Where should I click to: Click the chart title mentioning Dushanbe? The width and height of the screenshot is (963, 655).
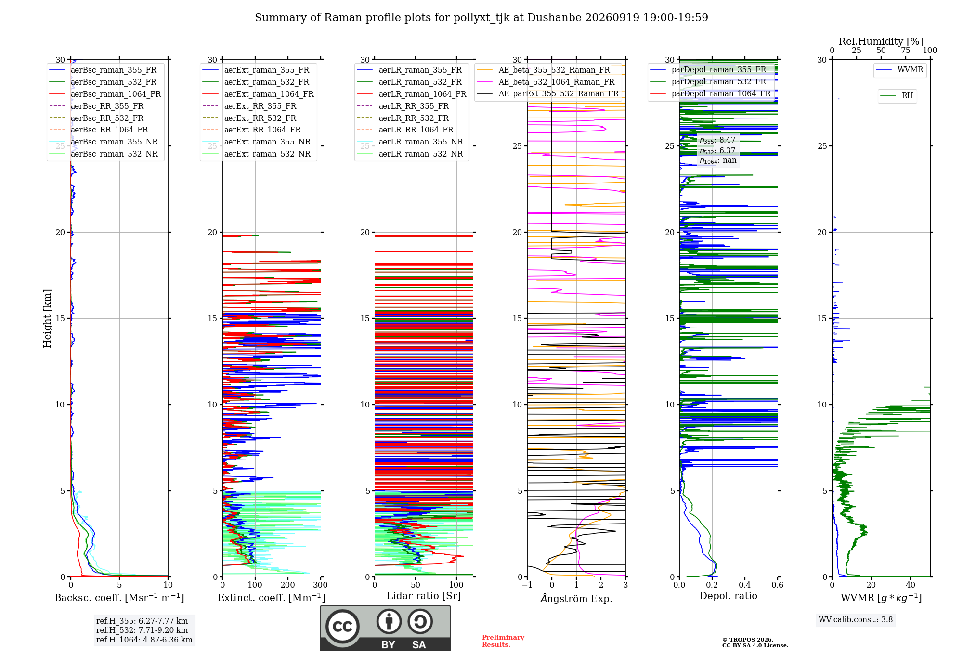tap(481, 18)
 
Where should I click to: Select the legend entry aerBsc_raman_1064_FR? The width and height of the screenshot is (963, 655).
tap(105, 94)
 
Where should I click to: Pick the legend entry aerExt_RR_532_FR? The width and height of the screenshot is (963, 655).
tap(249, 118)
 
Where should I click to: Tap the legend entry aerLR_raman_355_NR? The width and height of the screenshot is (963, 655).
tap(410, 142)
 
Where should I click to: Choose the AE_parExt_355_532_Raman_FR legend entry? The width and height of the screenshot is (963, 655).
tap(548, 93)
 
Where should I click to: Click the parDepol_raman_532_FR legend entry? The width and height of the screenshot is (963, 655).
tap(708, 81)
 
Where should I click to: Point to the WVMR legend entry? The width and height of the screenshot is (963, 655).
tap(900, 70)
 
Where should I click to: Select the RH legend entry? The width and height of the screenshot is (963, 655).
tap(897, 96)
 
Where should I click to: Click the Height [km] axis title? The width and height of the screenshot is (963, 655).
tap(47, 318)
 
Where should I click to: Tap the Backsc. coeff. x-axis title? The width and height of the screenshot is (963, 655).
tap(119, 598)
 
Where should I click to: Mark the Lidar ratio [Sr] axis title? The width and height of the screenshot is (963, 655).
tap(424, 596)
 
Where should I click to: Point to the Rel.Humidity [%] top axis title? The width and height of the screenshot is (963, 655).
tap(881, 41)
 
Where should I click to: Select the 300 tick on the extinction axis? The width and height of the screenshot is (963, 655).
tap(321, 585)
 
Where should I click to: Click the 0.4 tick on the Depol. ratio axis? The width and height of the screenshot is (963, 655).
tap(745, 585)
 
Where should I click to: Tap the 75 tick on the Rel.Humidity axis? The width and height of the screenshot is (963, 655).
tap(906, 51)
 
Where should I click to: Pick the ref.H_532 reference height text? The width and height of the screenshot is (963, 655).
tap(142, 630)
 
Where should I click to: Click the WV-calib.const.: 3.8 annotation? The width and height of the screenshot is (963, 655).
tap(856, 620)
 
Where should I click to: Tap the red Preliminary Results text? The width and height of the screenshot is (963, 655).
tap(503, 641)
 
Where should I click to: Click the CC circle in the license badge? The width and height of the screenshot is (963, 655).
tap(342, 627)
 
